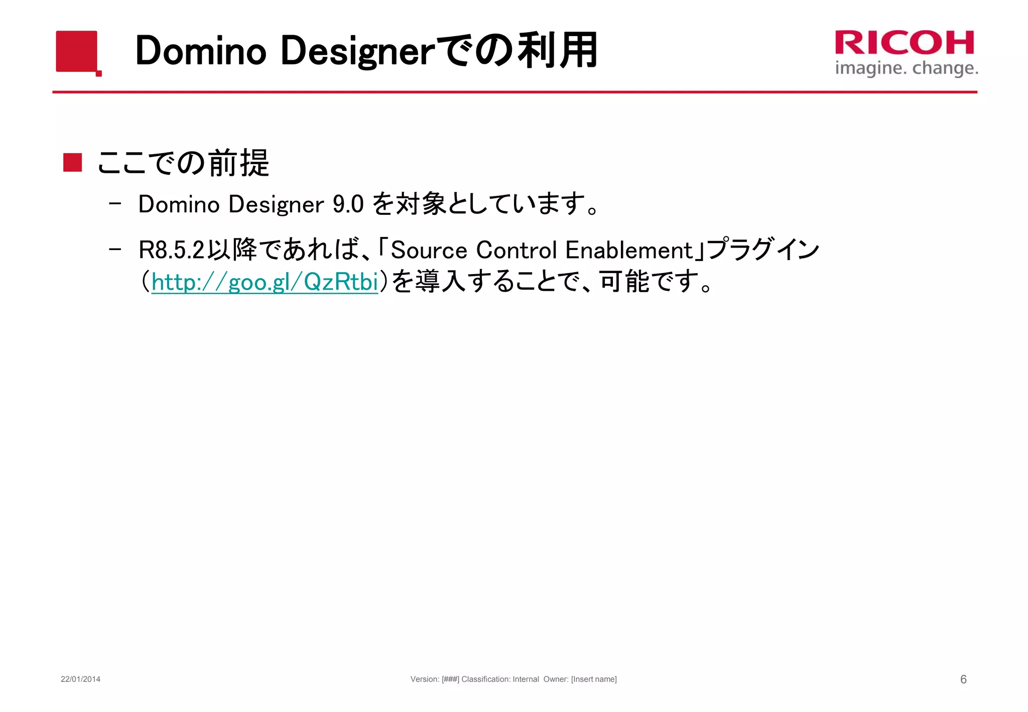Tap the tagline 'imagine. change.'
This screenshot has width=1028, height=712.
click(x=906, y=68)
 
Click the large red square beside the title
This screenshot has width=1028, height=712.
click(x=76, y=51)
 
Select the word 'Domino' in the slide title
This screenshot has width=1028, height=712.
click(x=200, y=51)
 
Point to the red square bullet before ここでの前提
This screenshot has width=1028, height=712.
click(x=73, y=163)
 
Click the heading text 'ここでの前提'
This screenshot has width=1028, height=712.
click(x=183, y=163)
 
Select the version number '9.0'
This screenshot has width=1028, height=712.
click(x=348, y=204)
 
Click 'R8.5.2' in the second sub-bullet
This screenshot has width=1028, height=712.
click(x=172, y=250)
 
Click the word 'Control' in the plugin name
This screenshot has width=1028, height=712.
click(x=517, y=250)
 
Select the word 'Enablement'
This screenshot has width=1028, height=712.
click(x=629, y=250)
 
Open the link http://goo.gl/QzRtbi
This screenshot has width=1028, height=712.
click(x=265, y=282)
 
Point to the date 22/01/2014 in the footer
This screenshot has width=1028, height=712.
click(x=80, y=679)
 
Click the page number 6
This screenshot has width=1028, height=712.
click(x=963, y=679)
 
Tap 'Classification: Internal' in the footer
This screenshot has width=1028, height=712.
click(x=500, y=679)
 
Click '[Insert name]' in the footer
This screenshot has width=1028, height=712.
click(x=594, y=679)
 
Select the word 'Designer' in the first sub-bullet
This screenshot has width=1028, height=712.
click(x=276, y=204)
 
